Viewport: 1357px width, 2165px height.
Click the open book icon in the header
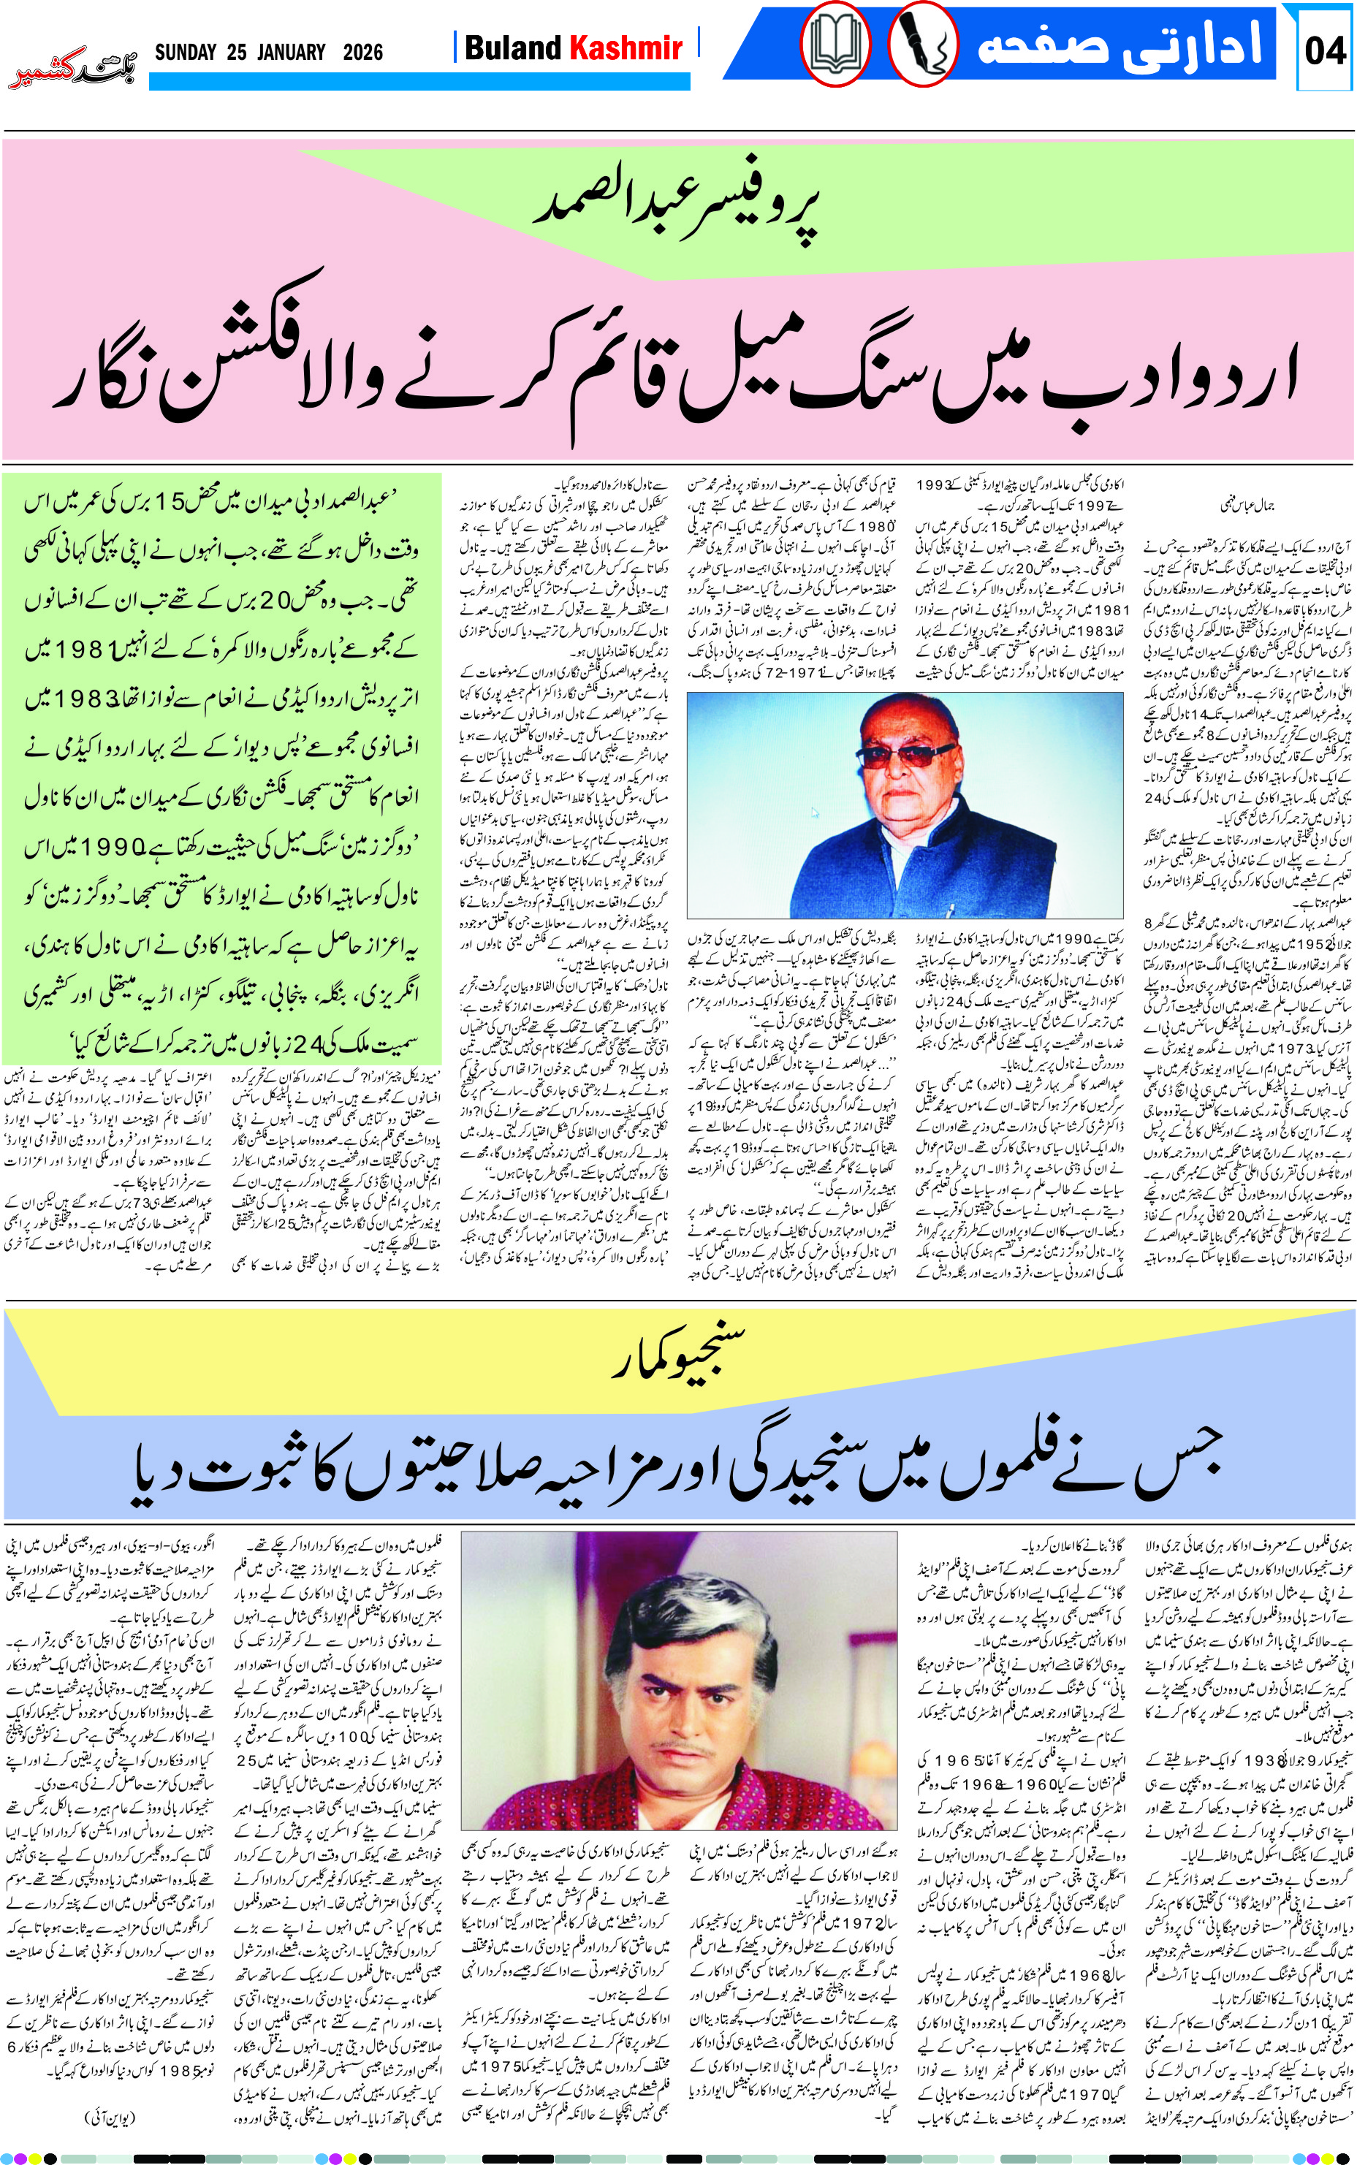pyautogui.click(x=835, y=44)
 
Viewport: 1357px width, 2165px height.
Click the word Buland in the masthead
pyautogui.click(x=514, y=47)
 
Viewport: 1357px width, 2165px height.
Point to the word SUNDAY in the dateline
pyautogui.click(x=186, y=52)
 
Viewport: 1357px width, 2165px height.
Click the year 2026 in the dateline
pyautogui.click(x=362, y=52)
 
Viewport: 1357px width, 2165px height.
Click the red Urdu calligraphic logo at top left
pyautogui.click(x=72, y=68)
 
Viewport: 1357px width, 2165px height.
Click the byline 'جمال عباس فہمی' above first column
pyautogui.click(x=1247, y=505)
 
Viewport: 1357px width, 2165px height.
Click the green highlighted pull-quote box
pyautogui.click(x=221, y=767)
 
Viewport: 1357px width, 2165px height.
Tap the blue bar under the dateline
pyautogui.click(x=419, y=82)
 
